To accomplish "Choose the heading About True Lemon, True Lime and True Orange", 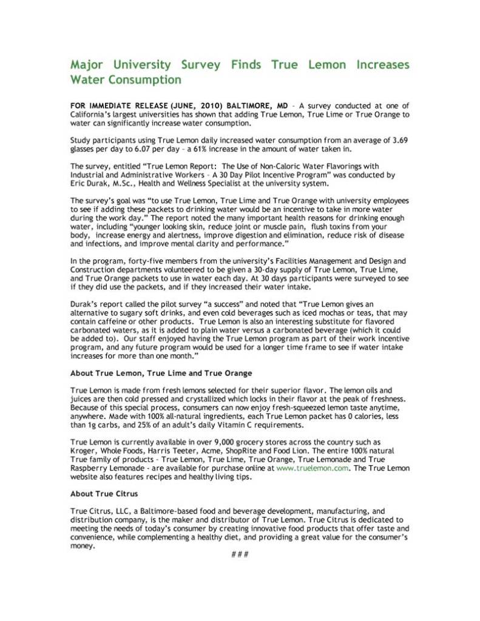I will pos(161,372).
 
